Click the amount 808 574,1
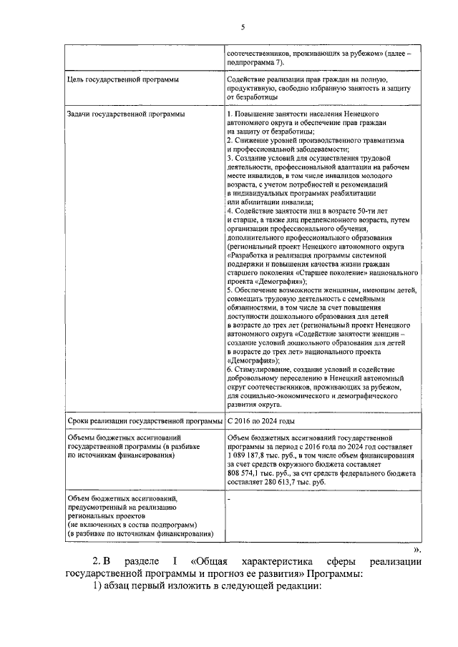point(247,473)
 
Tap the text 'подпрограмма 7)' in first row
point(255,63)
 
